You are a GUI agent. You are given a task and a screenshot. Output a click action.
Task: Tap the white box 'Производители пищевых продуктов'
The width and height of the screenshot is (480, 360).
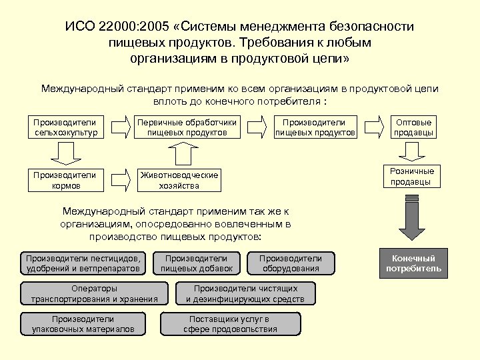315,127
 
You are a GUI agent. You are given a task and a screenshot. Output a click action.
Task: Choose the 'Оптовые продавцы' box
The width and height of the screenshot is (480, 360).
414,127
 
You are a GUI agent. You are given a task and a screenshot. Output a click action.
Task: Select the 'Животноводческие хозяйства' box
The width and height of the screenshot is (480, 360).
179,181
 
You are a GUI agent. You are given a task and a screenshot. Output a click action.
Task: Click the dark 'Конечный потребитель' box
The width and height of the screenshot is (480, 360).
413,263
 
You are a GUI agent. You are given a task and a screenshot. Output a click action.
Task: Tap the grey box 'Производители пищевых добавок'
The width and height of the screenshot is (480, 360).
196,263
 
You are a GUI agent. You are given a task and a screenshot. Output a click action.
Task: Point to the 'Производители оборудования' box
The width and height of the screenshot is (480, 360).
291,263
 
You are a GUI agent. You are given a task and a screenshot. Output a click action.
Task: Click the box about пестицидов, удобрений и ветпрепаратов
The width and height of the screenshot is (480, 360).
83,263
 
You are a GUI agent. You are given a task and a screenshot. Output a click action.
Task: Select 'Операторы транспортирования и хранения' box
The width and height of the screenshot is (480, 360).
94,294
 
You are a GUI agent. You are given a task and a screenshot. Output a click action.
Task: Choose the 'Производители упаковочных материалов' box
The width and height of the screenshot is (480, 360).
83,324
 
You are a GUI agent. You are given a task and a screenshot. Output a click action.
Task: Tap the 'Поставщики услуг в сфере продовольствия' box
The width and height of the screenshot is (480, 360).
230,324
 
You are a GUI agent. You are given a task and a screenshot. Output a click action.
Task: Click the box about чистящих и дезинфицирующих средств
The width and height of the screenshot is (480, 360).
245,294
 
